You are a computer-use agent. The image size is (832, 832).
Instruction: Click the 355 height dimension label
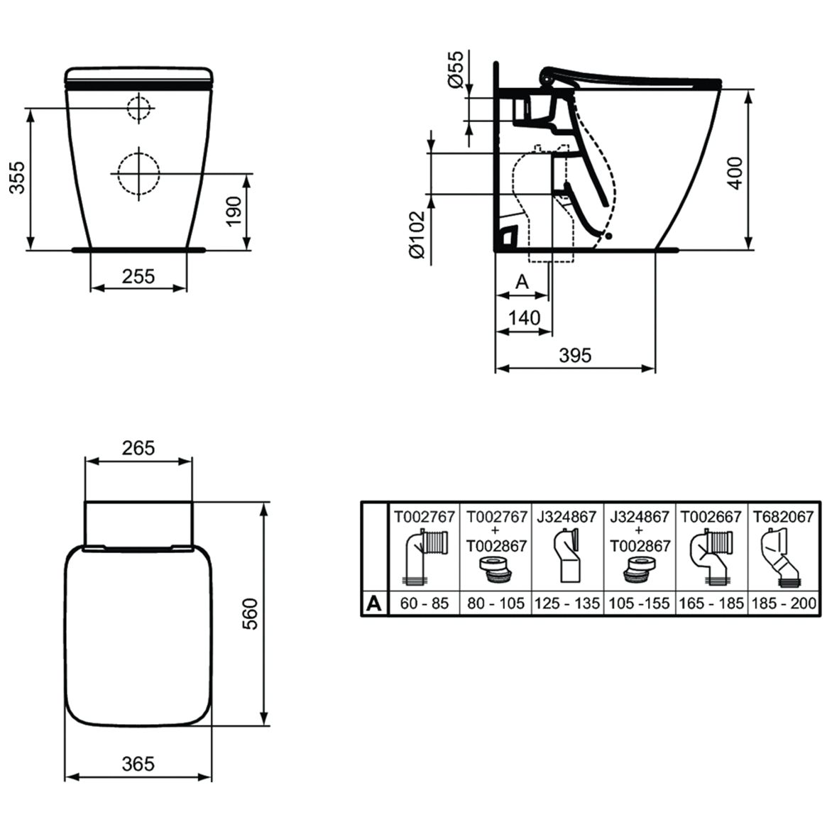coord(17,177)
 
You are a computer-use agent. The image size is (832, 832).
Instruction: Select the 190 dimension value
coord(234,211)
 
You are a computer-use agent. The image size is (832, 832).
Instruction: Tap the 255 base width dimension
coord(138,276)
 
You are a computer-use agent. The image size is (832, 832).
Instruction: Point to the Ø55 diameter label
coord(456,69)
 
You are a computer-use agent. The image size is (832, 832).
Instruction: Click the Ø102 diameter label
coord(417,235)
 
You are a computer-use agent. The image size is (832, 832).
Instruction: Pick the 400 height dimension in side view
coord(735,173)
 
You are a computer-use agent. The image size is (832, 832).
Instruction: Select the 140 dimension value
coord(524,318)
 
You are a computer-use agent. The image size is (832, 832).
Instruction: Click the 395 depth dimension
coord(575,355)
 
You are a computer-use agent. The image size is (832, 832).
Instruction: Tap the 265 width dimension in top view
coord(138,449)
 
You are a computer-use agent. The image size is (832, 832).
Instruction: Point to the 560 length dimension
coord(249,614)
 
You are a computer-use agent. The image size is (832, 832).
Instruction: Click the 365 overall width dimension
coord(138,764)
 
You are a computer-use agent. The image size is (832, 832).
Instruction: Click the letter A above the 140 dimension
coord(522,282)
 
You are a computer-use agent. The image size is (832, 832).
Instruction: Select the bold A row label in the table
coord(374,604)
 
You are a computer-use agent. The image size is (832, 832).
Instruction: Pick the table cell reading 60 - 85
coord(425,604)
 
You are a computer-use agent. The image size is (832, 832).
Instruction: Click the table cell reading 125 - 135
coord(567,604)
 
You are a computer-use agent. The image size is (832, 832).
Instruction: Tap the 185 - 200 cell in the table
coord(784,604)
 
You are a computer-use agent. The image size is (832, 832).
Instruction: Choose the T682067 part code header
coord(784,517)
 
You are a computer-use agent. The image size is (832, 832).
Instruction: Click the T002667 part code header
coord(711,517)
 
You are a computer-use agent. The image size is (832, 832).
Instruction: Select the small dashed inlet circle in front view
coord(139,108)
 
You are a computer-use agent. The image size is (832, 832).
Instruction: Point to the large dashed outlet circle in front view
coord(139,173)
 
